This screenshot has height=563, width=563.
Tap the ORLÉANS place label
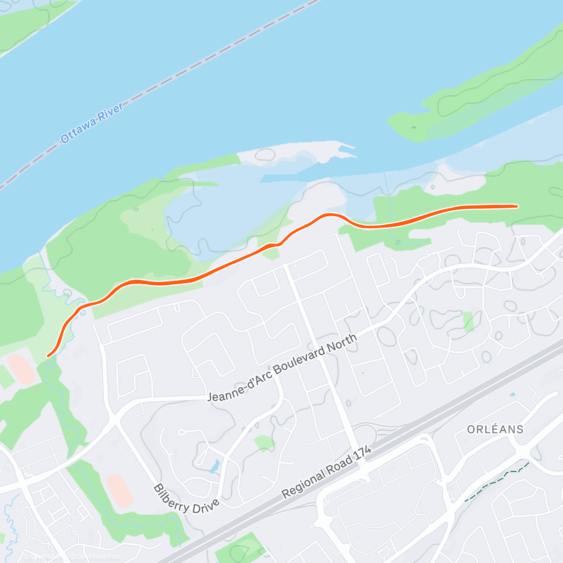[x=495, y=429]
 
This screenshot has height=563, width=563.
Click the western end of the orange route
[x=48, y=356]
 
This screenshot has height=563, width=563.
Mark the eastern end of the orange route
[x=517, y=206]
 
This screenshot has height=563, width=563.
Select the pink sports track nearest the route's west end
[x=21, y=369]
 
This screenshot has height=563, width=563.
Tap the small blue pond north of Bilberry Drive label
[x=214, y=466]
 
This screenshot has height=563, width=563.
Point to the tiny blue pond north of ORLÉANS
[x=512, y=395]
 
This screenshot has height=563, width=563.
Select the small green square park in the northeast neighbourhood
[x=468, y=321]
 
